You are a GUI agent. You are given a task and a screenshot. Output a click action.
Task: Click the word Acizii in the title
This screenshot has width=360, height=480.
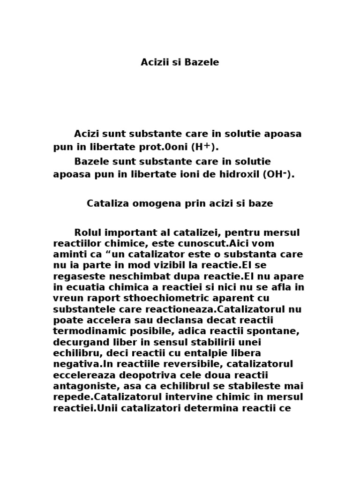click(x=153, y=62)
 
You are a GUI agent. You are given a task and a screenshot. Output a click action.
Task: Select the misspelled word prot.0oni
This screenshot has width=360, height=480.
click(x=165, y=147)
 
